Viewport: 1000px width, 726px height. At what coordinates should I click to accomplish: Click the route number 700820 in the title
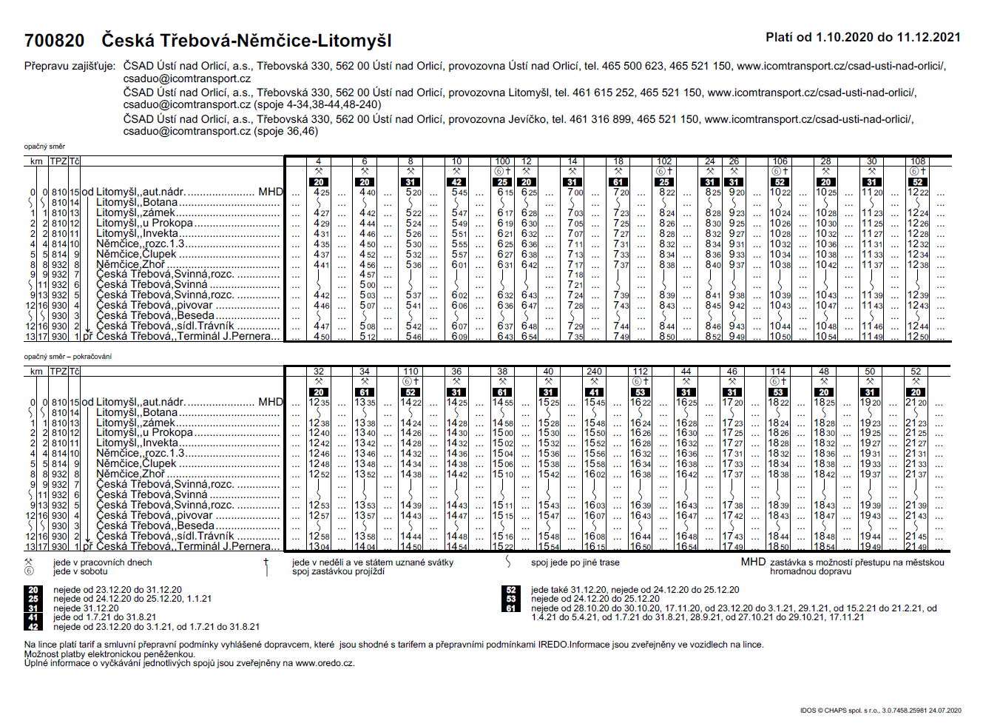54,41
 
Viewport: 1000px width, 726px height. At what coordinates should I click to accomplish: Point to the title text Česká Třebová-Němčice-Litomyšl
246,41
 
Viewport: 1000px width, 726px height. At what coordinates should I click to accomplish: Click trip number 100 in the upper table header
502,161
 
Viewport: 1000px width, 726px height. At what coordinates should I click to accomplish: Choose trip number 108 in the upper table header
918,161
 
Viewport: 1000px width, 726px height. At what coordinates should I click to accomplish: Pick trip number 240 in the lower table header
594,372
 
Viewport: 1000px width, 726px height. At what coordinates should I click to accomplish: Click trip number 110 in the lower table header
411,372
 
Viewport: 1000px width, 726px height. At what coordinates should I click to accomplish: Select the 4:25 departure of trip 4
321,192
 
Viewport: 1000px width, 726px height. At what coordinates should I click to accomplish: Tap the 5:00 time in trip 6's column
368,285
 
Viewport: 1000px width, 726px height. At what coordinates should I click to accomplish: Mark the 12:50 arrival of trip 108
918,337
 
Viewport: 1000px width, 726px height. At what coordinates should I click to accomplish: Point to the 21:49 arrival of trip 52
916,547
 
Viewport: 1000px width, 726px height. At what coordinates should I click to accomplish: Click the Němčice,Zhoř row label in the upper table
131,264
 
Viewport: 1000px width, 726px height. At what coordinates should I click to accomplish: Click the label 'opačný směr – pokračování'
68,357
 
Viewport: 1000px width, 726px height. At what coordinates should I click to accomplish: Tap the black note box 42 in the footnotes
33,626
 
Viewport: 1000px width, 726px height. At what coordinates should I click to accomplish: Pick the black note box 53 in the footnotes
510,599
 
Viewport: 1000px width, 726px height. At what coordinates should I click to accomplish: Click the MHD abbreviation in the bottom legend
753,562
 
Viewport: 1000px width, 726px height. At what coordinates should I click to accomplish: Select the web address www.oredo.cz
325,663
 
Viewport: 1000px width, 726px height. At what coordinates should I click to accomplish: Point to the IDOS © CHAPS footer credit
880,710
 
